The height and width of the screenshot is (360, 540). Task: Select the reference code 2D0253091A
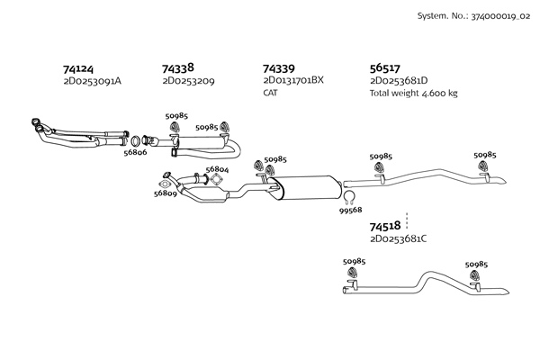click(92, 81)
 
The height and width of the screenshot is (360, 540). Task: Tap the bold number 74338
click(178, 68)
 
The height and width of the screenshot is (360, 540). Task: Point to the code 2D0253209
click(188, 81)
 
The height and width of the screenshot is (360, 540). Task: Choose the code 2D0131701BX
click(292, 81)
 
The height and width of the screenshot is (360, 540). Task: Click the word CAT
click(271, 93)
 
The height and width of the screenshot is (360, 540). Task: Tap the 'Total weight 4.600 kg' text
click(414, 93)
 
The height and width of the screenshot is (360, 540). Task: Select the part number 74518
click(385, 228)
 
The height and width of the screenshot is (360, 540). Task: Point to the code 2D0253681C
click(398, 239)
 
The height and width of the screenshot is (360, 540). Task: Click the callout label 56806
click(135, 153)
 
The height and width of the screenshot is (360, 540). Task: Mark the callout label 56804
click(217, 169)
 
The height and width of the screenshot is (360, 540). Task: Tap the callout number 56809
click(165, 193)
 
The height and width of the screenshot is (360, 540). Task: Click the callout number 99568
click(351, 210)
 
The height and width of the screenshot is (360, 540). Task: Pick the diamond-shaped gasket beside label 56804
click(215, 180)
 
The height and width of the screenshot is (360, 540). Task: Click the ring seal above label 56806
click(135, 140)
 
